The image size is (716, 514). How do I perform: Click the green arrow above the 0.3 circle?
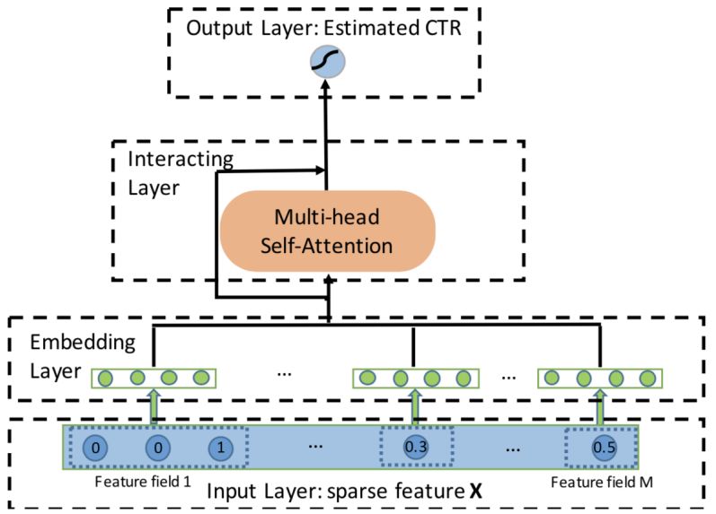click(x=415, y=405)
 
